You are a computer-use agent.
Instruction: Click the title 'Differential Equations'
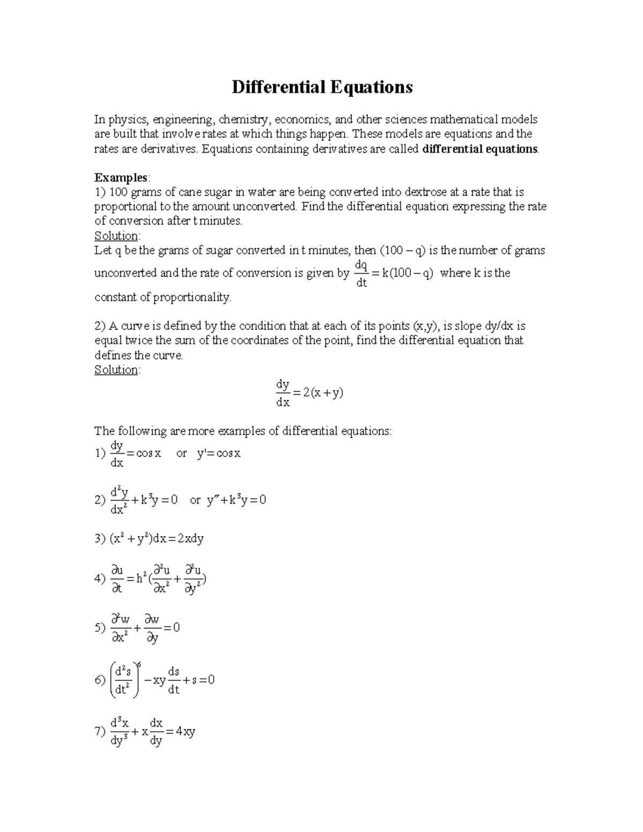[322, 87]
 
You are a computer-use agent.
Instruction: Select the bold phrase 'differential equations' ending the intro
[480, 148]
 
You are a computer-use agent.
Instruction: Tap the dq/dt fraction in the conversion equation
[361, 273]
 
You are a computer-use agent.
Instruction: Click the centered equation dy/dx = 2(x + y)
[309, 393]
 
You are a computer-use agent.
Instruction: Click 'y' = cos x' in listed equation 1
[219, 453]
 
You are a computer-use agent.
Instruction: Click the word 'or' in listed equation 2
[195, 500]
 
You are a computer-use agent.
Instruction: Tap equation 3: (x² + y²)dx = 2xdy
[156, 539]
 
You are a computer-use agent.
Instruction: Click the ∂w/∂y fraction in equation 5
[153, 628]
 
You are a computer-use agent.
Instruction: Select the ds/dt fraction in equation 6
[174, 680]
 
